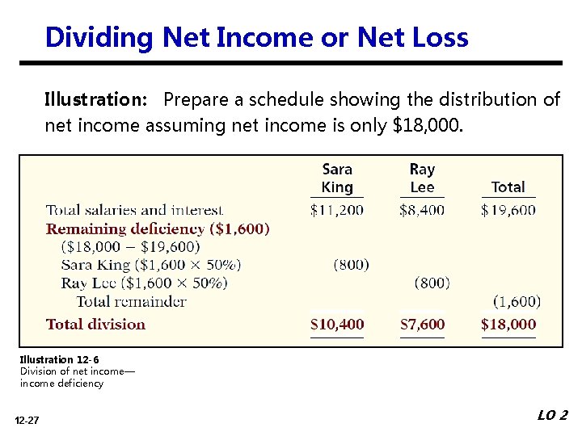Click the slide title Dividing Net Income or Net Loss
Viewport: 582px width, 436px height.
click(256, 37)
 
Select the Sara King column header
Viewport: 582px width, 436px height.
click(337, 178)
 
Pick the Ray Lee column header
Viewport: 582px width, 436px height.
click(422, 178)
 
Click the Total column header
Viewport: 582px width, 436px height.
click(508, 187)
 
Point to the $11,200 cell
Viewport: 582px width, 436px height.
click(337, 210)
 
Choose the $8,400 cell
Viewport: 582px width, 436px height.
click(422, 210)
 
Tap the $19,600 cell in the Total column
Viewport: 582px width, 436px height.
click(508, 210)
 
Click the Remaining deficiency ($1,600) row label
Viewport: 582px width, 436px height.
click(158, 228)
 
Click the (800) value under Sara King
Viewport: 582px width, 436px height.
click(351, 264)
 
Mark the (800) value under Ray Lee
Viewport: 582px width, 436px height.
click(432, 283)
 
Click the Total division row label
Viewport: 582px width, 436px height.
click(95, 325)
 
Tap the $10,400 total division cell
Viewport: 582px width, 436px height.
click(337, 325)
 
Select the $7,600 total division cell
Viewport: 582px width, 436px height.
click(422, 325)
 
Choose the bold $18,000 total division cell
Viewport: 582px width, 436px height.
click(508, 325)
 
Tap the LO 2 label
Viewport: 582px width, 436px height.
click(552, 415)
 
